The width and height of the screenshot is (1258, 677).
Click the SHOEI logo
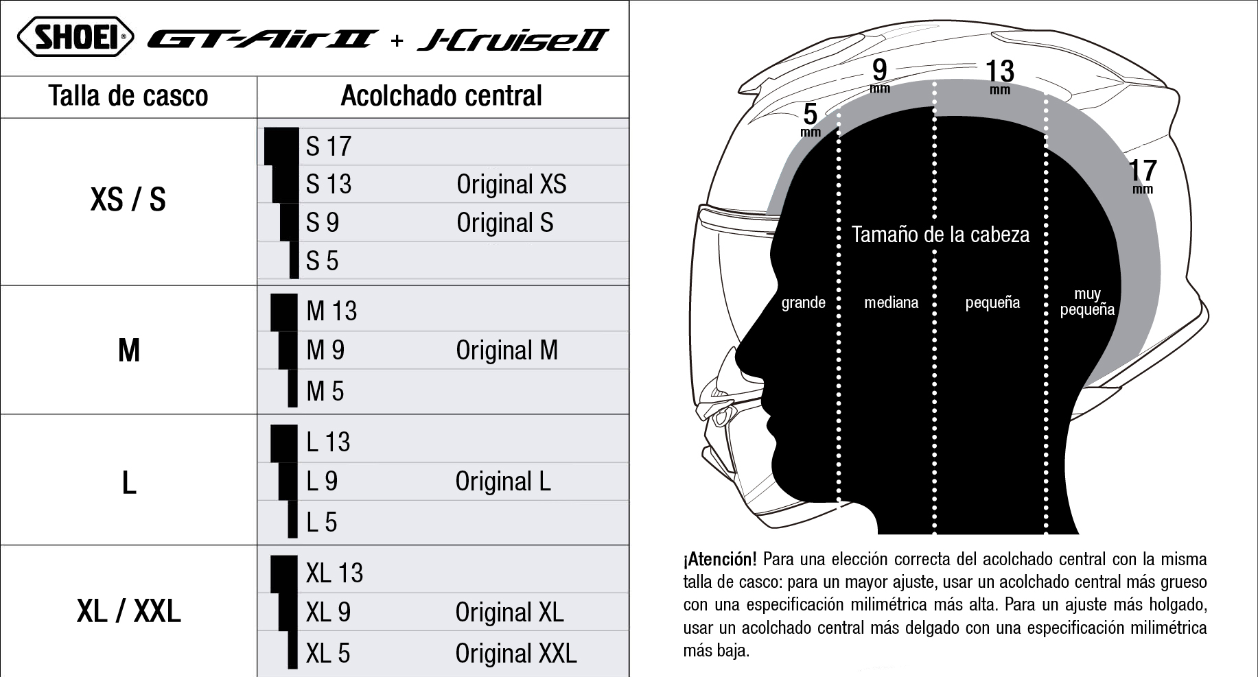(75, 37)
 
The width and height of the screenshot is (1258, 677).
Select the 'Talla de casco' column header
(128, 96)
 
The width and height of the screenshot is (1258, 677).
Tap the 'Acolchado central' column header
(441, 96)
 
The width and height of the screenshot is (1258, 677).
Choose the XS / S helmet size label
(128, 200)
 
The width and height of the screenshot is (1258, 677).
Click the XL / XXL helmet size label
(129, 611)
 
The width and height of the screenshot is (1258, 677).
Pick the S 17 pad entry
(329, 146)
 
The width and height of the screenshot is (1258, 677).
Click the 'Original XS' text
(511, 184)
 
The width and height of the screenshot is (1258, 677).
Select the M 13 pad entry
(331, 311)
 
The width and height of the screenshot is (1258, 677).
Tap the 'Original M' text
(506, 350)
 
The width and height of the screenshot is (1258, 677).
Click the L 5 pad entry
(322, 522)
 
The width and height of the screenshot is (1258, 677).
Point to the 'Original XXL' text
(516, 653)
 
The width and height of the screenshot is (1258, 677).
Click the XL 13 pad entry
(334, 573)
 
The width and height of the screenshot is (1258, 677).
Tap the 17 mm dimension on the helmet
(1143, 176)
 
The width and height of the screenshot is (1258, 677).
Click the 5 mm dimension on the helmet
(811, 119)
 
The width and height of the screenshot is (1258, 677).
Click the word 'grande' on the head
(803, 302)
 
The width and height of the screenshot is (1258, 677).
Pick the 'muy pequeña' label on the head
(1087, 302)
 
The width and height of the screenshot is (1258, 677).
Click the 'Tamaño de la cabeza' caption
(940, 235)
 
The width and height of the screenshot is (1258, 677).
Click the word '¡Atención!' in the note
(720, 559)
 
